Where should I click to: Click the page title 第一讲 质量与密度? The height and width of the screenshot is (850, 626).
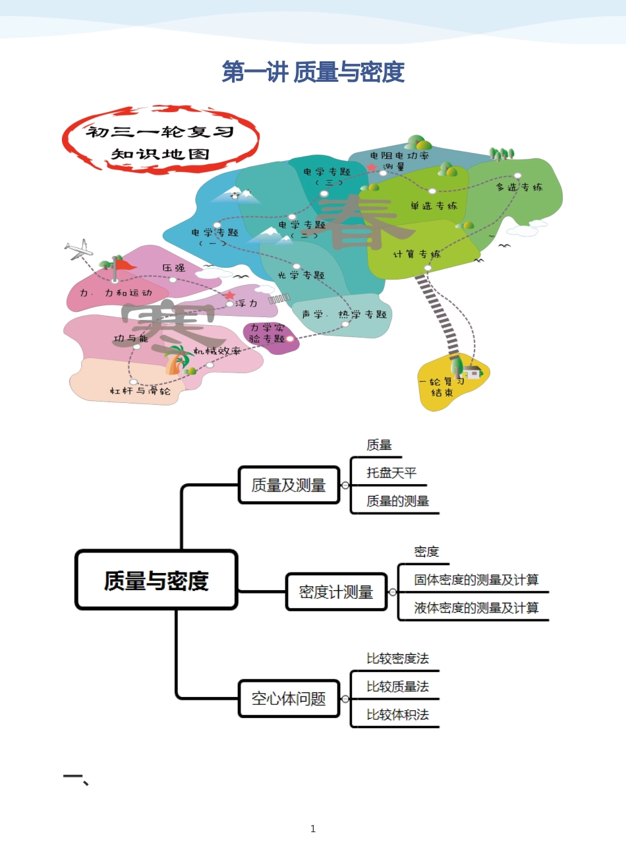(313, 72)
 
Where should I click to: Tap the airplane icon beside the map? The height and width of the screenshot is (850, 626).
(78, 249)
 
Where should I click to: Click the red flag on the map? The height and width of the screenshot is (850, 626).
(123, 265)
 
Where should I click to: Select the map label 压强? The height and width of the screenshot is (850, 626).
(174, 268)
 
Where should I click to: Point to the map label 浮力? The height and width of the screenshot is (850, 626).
(246, 303)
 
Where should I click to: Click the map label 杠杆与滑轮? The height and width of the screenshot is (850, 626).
(140, 391)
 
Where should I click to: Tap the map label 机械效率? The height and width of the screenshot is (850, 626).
(217, 351)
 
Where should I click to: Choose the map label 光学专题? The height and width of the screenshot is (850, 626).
(301, 275)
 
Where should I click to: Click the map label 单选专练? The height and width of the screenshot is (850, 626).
(434, 206)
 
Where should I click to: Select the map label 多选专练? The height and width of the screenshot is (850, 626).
(519, 187)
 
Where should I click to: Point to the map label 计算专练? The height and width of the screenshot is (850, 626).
(416, 254)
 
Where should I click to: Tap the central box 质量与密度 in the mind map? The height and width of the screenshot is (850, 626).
(156, 580)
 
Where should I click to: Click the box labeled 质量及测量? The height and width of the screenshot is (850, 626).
(289, 485)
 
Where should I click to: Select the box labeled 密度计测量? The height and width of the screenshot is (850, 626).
(336, 592)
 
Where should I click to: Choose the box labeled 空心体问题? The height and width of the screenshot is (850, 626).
(289, 698)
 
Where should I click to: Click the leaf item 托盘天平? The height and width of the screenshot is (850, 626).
(391, 473)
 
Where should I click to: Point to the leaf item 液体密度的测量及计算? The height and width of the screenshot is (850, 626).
(476, 607)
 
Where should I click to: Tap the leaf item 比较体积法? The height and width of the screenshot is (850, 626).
(397, 714)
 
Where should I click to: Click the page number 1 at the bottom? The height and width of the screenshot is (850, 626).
(313, 828)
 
